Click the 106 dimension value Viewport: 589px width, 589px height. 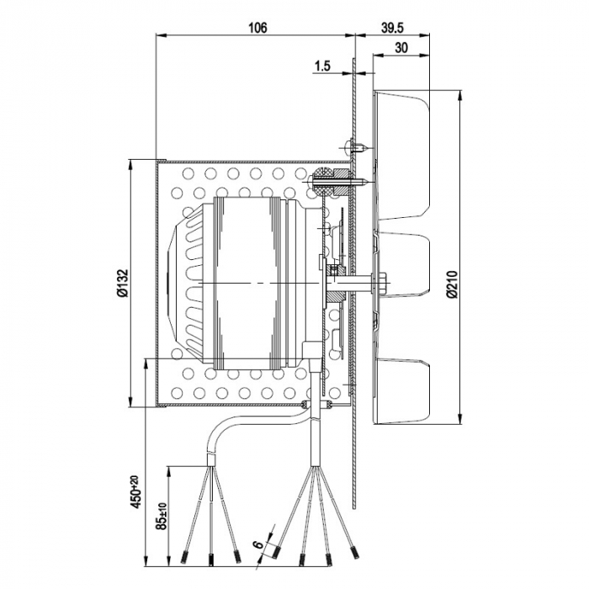pos(257,28)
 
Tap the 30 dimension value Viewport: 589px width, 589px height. pos(401,48)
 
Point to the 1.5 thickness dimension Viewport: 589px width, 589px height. pos(321,65)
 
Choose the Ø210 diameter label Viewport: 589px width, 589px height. pos(452,284)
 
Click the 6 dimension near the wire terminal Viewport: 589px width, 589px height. pos(257,547)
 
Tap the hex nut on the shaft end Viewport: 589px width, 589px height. pos(384,282)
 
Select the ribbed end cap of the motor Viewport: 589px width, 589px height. pos(188,283)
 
